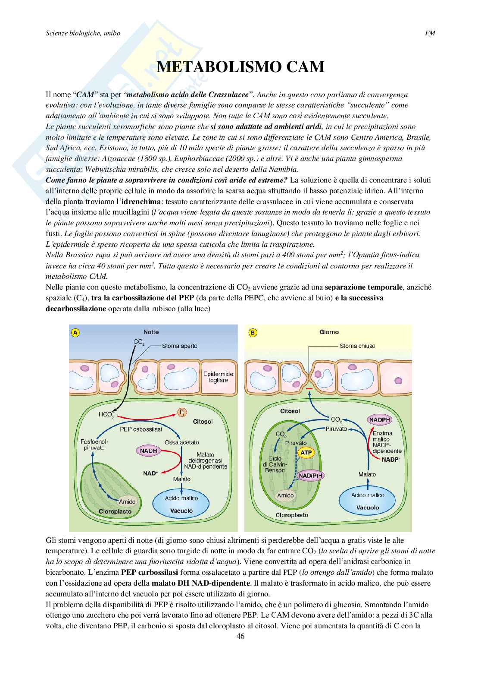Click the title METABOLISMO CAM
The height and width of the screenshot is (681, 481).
pyautogui.click(x=240, y=67)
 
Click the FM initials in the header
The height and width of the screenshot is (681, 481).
pyautogui.click(x=430, y=33)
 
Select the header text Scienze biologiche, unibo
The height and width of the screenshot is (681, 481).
pyautogui.click(x=83, y=33)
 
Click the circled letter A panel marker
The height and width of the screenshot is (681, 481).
pyautogui.click(x=75, y=332)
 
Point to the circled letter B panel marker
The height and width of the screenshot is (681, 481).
pyautogui.click(x=253, y=332)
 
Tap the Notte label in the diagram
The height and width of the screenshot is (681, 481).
pyautogui.click(x=151, y=332)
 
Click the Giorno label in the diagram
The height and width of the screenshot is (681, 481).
pyautogui.click(x=329, y=332)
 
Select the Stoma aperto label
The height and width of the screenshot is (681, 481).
pyautogui.click(x=180, y=346)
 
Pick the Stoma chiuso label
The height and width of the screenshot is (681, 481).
pyautogui.click(x=357, y=346)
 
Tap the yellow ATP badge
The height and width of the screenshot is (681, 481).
pyautogui.click(x=306, y=453)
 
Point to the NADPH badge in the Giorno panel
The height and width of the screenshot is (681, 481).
pyautogui.click(x=378, y=419)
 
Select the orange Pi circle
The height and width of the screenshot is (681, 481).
pyautogui.click(x=182, y=413)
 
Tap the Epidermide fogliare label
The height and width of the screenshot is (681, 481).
pyautogui.click(x=218, y=377)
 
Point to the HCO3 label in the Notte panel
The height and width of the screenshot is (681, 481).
pyautogui.click(x=106, y=415)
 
